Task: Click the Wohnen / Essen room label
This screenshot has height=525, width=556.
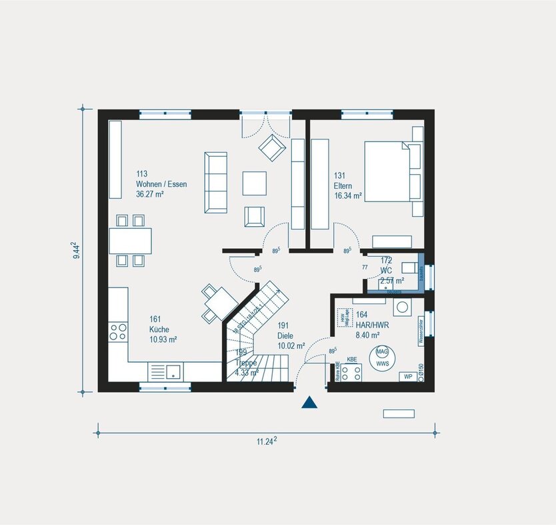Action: click(161, 184)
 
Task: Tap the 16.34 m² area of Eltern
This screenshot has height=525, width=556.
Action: click(348, 196)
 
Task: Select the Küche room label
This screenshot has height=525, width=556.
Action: click(159, 330)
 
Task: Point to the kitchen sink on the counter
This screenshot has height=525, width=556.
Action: click(165, 372)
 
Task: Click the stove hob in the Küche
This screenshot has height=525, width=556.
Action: click(119, 332)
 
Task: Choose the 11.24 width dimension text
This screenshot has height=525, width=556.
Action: click(267, 441)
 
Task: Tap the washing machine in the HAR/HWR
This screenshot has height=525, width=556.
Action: click(403, 308)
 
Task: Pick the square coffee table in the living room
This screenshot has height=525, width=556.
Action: click(254, 183)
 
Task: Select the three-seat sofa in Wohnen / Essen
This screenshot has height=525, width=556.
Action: click(216, 181)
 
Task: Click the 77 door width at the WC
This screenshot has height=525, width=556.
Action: click(365, 267)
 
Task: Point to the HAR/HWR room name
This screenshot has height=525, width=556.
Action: click(372, 325)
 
